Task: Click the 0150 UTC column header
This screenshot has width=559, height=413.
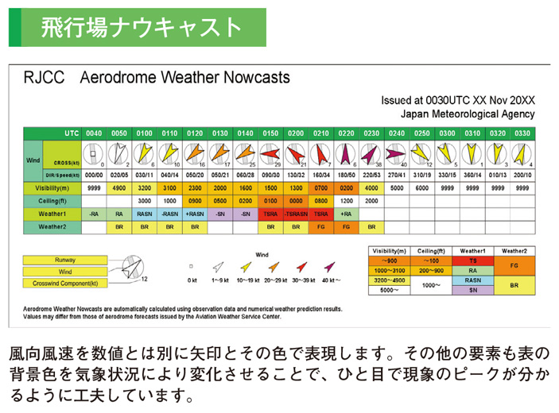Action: pos(270,133)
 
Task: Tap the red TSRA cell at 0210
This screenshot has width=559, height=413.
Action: pos(321,214)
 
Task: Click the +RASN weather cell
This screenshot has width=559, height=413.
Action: pos(195,214)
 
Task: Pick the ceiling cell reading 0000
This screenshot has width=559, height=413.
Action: pos(296,201)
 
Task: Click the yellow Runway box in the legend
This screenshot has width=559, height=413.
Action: pos(65,260)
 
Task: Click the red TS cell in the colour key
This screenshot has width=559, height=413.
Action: pos(473,261)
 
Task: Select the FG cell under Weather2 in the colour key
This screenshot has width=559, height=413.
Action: pos(514,265)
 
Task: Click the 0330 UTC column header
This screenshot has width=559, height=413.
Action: pos(522,133)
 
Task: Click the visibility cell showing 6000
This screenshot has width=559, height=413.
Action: pos(422,188)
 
